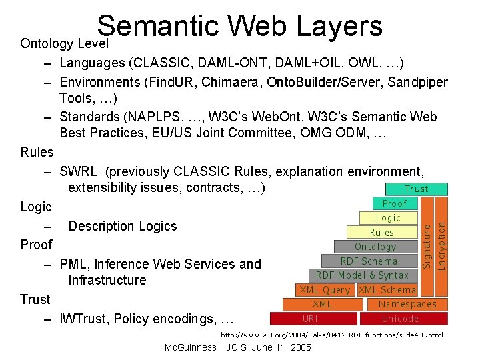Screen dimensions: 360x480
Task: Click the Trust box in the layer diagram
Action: [x=417, y=189]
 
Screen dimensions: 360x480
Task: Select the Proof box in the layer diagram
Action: [x=394, y=203]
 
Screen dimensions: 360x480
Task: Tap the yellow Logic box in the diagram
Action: [x=387, y=218]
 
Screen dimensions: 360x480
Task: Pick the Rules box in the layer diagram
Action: [x=382, y=233]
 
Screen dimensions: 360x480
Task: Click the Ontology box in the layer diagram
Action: [x=375, y=247]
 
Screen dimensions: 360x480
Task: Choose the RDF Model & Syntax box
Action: [x=362, y=275]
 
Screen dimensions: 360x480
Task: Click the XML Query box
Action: [x=325, y=290]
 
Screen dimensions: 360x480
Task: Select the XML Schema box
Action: [x=387, y=290]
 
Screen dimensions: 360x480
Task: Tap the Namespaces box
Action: [x=408, y=304]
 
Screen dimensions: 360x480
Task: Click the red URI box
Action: [x=310, y=319]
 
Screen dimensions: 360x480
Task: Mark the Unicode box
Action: [x=401, y=319]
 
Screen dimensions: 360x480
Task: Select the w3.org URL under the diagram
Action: [x=332, y=334]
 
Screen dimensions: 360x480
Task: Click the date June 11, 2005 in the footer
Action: [x=281, y=347]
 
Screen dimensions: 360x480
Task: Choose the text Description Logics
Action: [x=123, y=226]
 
